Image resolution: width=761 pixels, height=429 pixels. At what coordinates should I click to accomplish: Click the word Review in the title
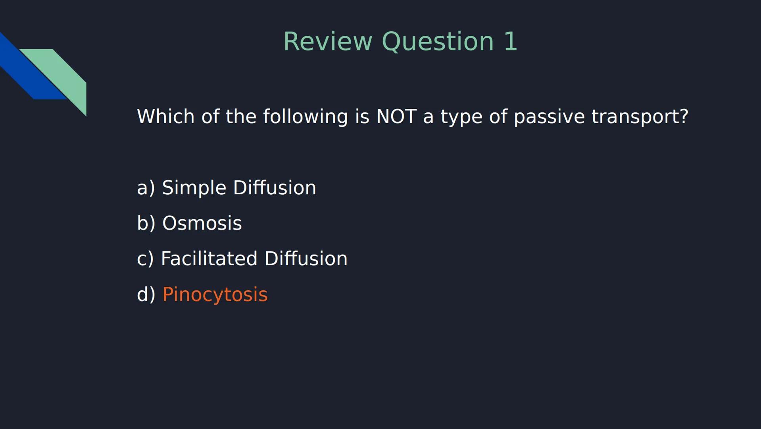328,41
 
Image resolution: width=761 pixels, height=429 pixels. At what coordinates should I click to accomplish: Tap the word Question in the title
438,41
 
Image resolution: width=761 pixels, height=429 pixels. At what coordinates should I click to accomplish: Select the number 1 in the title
511,41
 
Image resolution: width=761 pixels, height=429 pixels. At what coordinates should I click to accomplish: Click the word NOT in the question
396,116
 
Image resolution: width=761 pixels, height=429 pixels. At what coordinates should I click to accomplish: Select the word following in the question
305,116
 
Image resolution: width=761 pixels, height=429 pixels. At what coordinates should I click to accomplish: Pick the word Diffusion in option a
275,187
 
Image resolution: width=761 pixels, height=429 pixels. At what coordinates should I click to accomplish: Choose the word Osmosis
202,223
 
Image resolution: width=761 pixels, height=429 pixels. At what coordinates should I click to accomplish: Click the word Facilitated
209,259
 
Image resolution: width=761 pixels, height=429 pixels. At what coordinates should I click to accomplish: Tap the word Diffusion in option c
306,259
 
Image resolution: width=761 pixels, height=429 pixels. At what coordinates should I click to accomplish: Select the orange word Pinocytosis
215,295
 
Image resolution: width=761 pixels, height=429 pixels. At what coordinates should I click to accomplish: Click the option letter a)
146,187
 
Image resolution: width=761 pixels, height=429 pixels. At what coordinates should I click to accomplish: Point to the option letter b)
146,223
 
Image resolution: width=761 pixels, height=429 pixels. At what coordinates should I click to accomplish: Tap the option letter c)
145,259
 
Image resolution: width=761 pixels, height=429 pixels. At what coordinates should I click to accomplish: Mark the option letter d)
146,295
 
